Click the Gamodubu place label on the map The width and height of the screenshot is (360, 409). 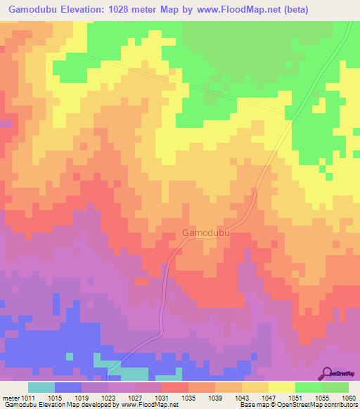pyautogui.click(x=207, y=233)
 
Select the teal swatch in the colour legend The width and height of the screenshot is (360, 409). pyautogui.click(x=41, y=388)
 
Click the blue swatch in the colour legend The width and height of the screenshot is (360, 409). pyautogui.click(x=68, y=388)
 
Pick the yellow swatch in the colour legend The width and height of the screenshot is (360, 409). pyautogui.click(x=282, y=388)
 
